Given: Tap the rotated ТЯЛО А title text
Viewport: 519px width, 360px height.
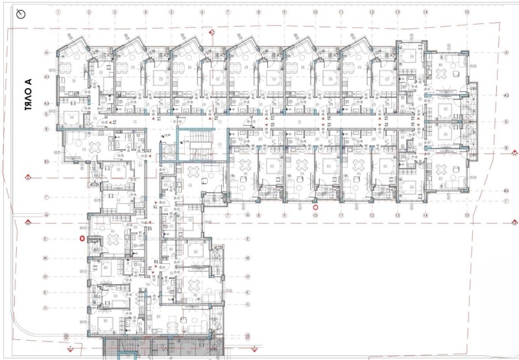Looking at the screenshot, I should click(x=28, y=96).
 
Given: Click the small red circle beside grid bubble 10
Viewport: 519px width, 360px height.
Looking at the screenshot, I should click(x=316, y=208).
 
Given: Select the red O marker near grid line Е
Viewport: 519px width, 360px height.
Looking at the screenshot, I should click(x=81, y=239).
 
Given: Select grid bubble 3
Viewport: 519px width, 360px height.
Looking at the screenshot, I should click(x=114, y=12).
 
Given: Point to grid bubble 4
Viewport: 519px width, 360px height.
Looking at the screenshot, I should click(x=143, y=12).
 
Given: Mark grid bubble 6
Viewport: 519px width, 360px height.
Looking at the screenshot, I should click(x=202, y=12).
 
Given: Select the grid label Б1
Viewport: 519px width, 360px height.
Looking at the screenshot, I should click(x=47, y=161).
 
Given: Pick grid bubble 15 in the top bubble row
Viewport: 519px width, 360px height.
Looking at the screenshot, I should click(x=466, y=12).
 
